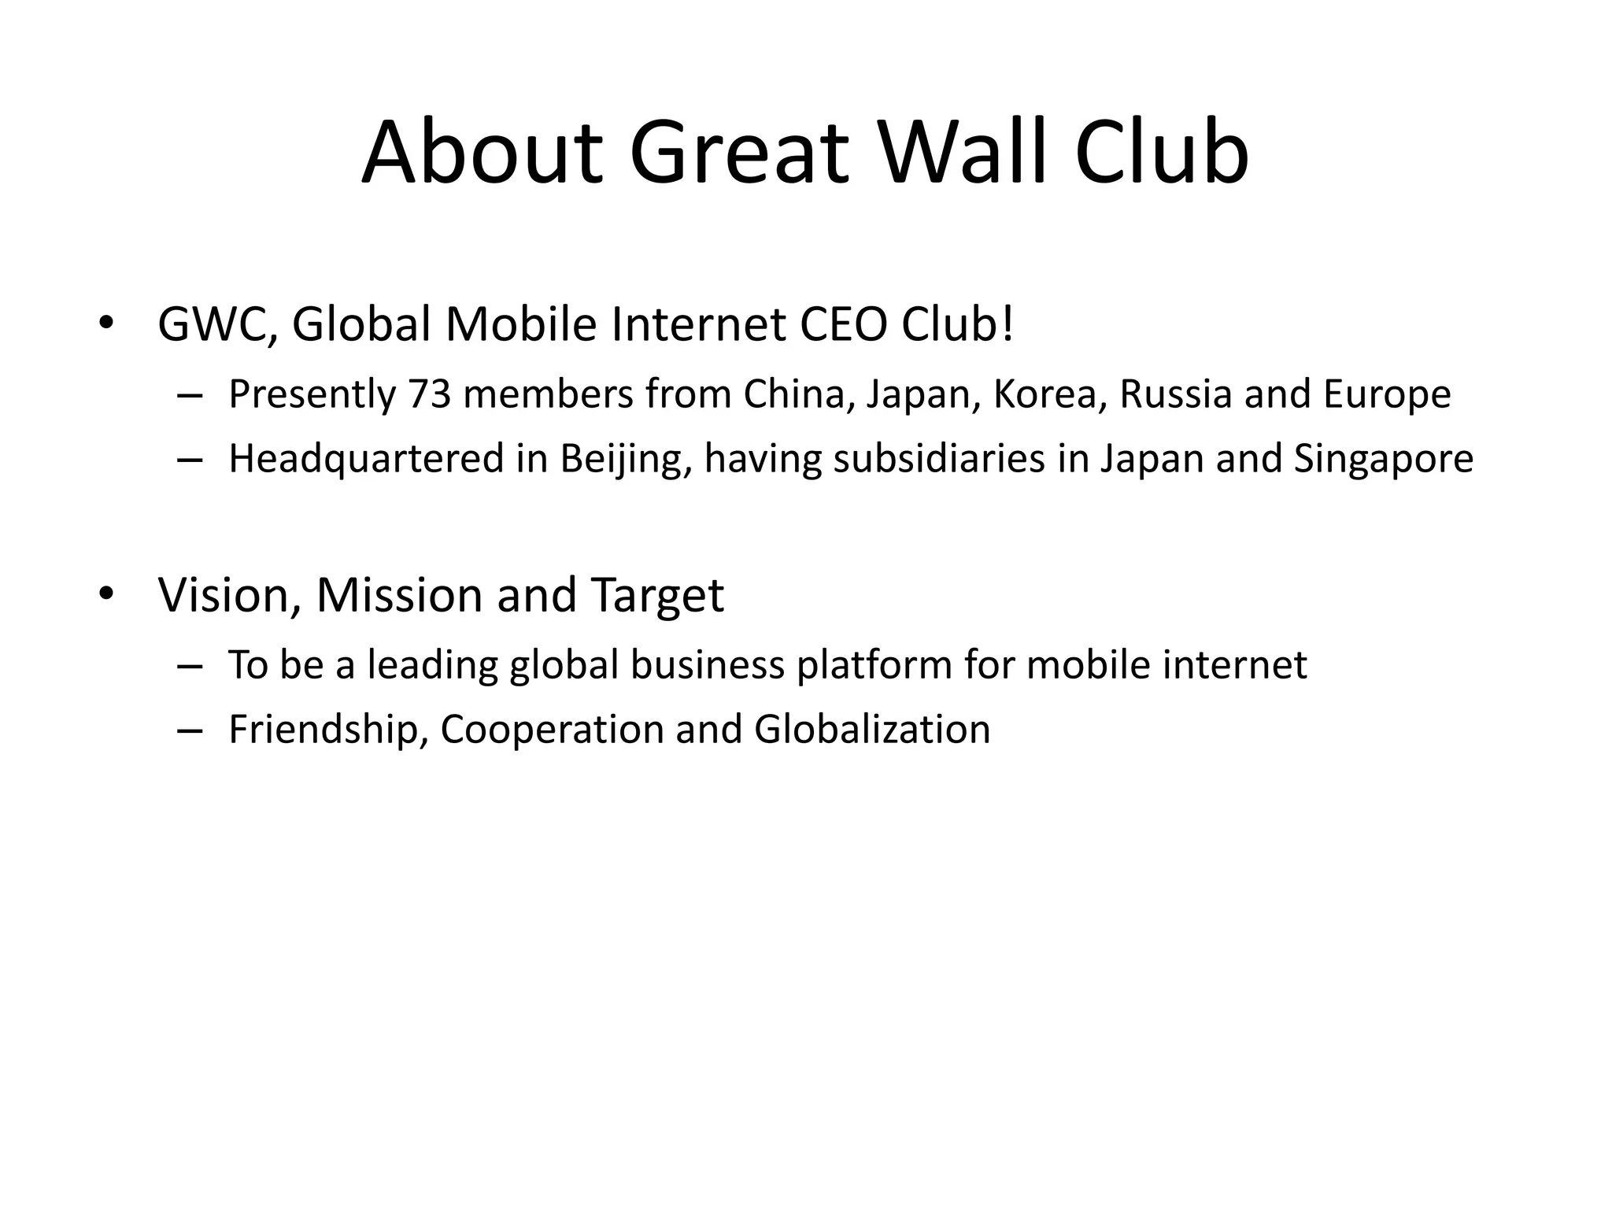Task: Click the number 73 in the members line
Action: click(x=429, y=394)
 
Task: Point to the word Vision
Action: click(x=230, y=595)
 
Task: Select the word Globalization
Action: click(x=872, y=730)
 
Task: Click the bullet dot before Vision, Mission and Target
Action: click(x=106, y=593)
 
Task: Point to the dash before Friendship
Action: click(x=190, y=730)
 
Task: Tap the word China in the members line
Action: click(x=799, y=394)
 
